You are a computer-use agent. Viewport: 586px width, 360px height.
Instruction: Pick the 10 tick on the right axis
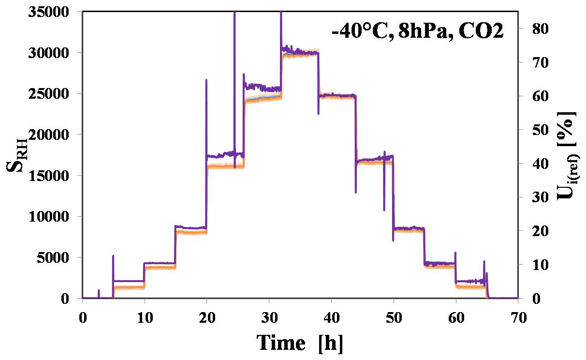point(532,265)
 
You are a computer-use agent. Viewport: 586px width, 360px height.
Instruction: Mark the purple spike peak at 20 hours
point(206,80)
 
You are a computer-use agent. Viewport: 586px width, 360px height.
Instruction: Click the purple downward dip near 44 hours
point(356,192)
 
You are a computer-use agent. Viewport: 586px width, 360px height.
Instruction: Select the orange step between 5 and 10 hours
point(129,287)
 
